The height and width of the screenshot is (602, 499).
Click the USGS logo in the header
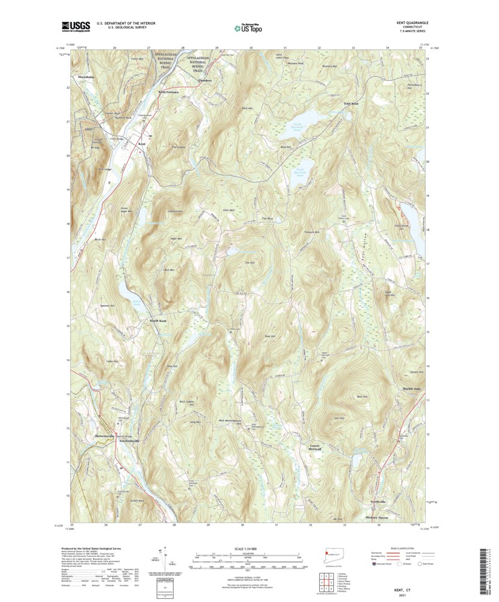[75, 26]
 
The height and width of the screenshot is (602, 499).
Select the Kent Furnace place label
[168, 92]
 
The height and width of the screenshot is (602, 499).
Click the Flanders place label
[205, 80]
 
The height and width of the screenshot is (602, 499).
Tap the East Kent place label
[351, 104]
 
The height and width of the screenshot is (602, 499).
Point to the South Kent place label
[158, 321]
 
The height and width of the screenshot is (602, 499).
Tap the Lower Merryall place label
[315, 448]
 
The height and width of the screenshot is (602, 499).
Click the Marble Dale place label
[412, 389]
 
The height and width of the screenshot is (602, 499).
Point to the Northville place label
[377, 502]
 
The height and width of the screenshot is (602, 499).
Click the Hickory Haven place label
[377, 517]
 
